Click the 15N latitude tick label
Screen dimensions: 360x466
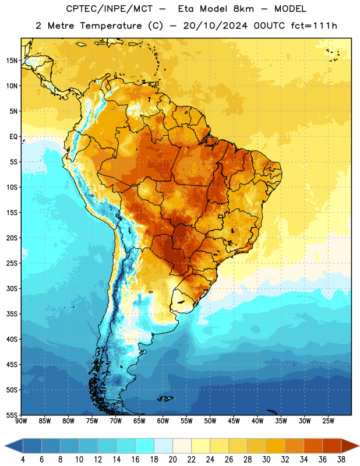12,61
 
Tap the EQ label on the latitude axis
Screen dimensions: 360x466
13,137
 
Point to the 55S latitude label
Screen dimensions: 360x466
12,415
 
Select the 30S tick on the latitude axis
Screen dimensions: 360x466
12,288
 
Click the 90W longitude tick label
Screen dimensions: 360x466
21,421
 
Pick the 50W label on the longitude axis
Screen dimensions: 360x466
210,421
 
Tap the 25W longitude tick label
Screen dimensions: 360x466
328,421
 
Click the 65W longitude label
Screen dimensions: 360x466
139,421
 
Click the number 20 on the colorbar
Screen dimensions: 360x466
172,460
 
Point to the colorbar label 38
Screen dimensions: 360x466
341,460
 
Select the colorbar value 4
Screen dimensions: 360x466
23,460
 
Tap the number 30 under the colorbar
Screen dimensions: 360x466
266,460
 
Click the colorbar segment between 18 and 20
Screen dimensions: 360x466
163,446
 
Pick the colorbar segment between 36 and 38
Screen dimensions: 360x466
332,446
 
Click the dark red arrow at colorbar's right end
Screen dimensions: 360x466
350,446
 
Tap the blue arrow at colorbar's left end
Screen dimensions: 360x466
13,446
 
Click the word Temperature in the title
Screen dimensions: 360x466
111,26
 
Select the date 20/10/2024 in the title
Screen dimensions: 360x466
215,26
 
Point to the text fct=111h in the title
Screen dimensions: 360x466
314,26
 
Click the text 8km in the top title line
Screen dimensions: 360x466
243,9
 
